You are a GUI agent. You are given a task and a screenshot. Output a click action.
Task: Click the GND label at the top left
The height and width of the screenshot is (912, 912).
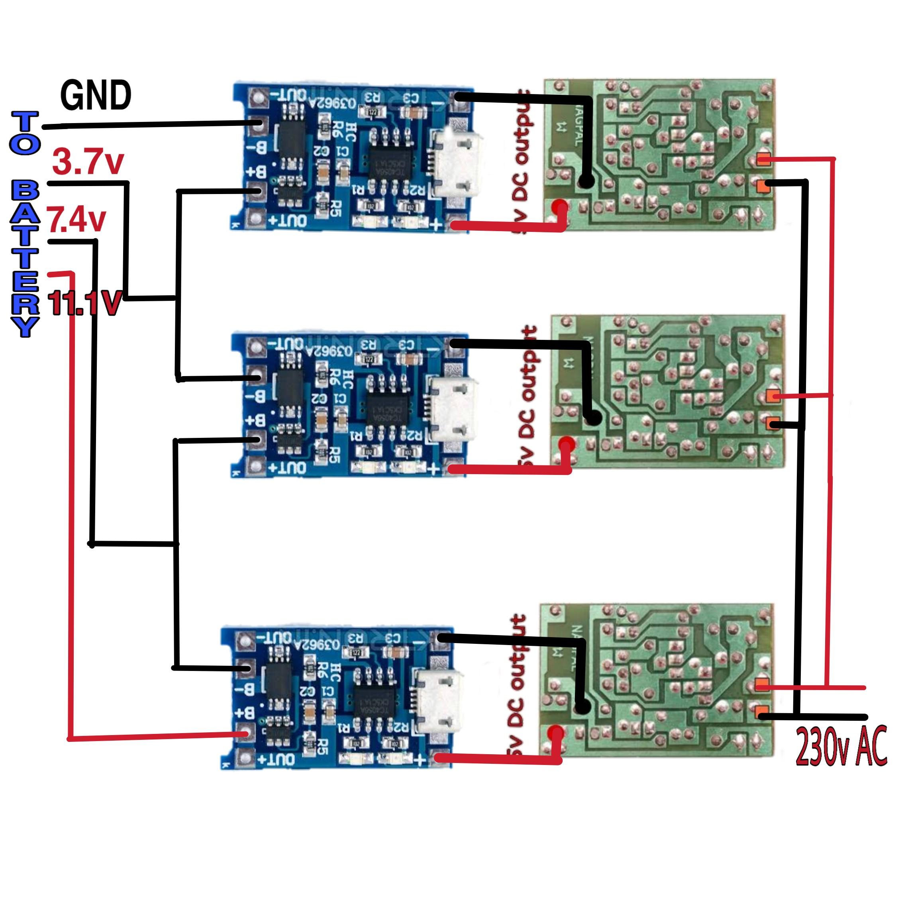(x=96, y=96)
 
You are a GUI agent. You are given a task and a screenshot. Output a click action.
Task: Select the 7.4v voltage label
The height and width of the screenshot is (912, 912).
(x=76, y=220)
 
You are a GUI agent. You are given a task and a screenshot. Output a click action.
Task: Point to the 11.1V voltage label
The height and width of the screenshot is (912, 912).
(x=85, y=303)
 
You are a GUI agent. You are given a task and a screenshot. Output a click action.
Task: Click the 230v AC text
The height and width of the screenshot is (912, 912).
(x=841, y=746)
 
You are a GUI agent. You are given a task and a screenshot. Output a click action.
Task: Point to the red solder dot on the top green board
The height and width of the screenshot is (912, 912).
(x=560, y=207)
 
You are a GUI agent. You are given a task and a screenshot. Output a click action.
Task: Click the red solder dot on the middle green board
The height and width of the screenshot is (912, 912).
(x=567, y=444)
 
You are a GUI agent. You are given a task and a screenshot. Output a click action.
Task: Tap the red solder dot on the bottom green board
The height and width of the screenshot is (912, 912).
(x=557, y=734)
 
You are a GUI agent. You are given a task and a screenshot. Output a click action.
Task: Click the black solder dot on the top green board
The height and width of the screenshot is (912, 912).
(x=586, y=181)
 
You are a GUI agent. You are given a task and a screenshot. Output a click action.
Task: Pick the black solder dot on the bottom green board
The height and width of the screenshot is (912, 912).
(x=582, y=707)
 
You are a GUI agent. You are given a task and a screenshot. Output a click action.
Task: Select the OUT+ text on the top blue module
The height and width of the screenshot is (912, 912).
(x=287, y=220)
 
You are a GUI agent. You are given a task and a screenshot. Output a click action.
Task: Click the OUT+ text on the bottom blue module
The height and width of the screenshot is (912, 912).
(x=275, y=759)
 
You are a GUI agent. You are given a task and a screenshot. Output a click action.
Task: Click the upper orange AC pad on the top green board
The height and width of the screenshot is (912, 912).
(x=764, y=159)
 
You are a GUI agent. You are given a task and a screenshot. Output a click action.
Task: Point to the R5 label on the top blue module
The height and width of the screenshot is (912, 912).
(x=335, y=208)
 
